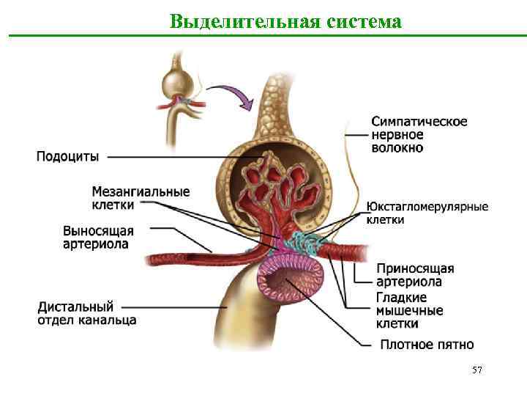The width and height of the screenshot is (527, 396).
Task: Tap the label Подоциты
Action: tap(67, 155)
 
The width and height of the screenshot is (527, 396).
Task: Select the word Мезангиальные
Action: tap(141, 192)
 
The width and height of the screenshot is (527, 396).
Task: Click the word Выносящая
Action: tap(98, 230)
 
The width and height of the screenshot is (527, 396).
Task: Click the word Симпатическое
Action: tap(419, 122)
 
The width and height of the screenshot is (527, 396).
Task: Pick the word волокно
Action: tap(397, 148)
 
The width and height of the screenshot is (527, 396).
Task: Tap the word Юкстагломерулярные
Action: tap(427, 207)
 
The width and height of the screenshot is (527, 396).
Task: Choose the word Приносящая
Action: tap(415, 268)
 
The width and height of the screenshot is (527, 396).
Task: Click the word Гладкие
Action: tap(401, 297)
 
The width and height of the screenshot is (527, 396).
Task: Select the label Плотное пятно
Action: tap(427, 345)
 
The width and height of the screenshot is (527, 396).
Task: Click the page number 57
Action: tap(477, 371)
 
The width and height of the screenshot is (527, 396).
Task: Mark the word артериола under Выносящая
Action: tap(96, 243)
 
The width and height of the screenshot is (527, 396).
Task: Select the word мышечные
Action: tap(409, 310)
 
